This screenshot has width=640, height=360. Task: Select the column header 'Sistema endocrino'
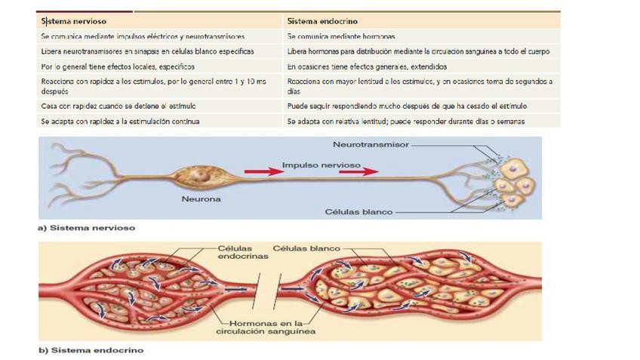click(322, 22)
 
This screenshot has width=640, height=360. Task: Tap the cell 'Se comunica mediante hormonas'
click(341, 36)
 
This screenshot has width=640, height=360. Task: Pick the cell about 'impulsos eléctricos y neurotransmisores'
click(143, 36)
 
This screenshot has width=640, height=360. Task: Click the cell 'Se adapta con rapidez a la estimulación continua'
click(121, 121)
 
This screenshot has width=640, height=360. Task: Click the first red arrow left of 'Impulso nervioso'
click(265, 172)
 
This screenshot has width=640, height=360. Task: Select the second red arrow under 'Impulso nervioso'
click(358, 172)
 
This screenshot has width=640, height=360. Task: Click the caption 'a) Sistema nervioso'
click(86, 226)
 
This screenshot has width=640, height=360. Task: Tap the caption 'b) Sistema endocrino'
click(91, 350)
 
